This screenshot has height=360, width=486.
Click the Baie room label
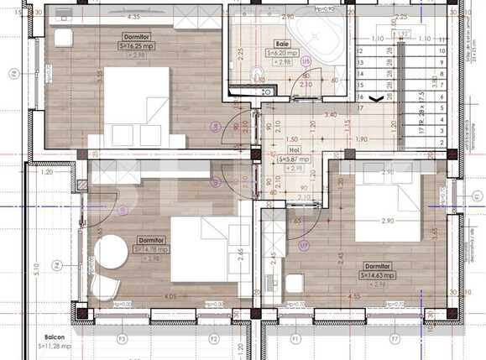(x=281, y=44)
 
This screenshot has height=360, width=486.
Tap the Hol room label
(x=293, y=150)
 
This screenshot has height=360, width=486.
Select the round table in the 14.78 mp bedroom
(x=110, y=253)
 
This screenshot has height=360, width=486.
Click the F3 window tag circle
(x=122, y=338)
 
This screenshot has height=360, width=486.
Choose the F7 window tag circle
(x=394, y=339)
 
